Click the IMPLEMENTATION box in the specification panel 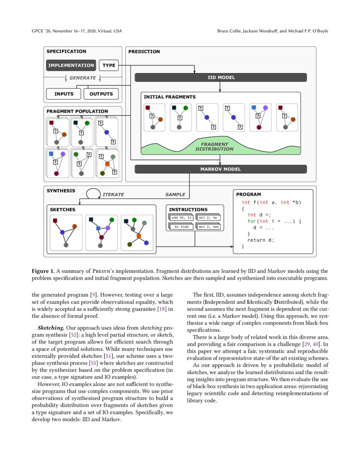point(71,65)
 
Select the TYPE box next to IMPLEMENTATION point(109,65)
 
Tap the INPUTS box point(64,94)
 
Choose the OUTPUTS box point(101,94)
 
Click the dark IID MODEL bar point(220,78)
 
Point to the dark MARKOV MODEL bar point(220,169)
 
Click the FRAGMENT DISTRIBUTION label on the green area point(214,147)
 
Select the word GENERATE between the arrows point(83,78)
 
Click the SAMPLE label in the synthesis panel point(175,194)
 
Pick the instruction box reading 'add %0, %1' point(181,218)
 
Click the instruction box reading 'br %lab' point(182,227)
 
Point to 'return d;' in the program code point(260,240)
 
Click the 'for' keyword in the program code point(252,221)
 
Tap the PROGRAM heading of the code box point(249,194)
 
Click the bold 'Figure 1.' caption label point(45,271)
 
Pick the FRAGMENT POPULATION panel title point(77,111)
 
